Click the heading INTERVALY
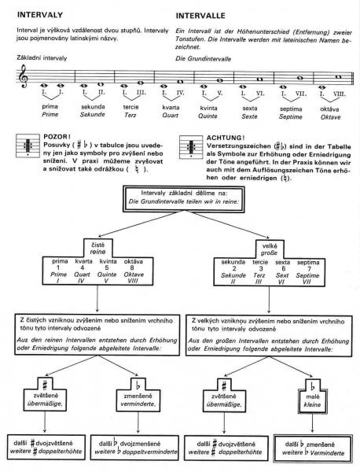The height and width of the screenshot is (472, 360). coord(40,15)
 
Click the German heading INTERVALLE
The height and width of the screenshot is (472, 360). coord(200,16)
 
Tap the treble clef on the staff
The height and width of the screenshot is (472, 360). coord(23,77)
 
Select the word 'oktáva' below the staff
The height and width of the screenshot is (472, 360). coord(329,109)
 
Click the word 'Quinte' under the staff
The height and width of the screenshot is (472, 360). coord(208,116)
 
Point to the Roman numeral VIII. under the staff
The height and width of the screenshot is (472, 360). coord(340,94)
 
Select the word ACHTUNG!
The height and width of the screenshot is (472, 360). coord(226,138)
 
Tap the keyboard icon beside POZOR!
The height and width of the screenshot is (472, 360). coord(28,146)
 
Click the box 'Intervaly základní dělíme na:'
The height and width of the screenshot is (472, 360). coord(183,199)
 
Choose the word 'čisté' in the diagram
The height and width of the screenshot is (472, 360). coord(97,245)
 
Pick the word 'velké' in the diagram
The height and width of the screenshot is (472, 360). coord(269,246)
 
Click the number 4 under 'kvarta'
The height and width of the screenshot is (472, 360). coord(82,267)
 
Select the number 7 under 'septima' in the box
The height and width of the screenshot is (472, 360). coord(307,269)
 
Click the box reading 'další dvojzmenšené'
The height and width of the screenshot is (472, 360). coord(134,448)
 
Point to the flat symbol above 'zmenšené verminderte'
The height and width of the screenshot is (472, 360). coord(138,385)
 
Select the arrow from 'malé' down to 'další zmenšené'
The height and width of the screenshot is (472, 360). coord(312,423)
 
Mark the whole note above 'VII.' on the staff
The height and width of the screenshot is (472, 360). coord(299,78)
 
